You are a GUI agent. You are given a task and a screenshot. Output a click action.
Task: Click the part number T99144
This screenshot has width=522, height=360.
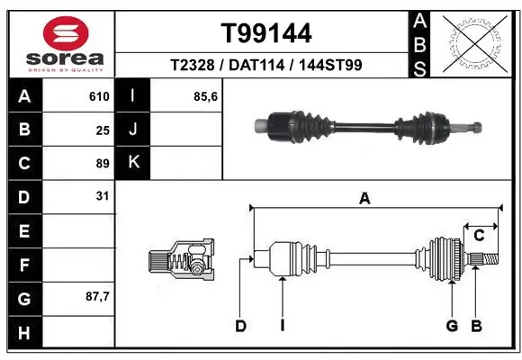coord(266,33)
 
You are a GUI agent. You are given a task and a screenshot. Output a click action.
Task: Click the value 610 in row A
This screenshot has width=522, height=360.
coord(98,96)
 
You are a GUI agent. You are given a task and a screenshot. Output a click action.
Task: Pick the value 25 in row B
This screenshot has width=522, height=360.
coord(102,130)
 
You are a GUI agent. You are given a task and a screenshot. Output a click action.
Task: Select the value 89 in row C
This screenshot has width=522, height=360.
coord(102,163)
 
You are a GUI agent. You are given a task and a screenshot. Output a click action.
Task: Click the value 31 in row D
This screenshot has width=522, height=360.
coord(102,195)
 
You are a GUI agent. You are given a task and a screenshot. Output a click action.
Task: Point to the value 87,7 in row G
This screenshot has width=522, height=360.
coord(96,296)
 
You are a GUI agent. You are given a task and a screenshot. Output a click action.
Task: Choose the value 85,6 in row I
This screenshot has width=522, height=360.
coord(206,96)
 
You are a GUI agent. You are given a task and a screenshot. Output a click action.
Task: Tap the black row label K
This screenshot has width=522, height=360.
coord(133,163)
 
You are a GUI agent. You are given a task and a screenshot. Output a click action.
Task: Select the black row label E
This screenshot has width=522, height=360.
coord(23,230)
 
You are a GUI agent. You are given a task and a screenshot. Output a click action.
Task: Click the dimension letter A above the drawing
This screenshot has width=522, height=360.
coord(364,199)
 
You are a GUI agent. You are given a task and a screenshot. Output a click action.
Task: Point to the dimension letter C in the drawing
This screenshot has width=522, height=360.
coord(480,235)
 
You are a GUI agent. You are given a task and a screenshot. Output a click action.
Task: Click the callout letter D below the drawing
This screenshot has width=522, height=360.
coord(240,326)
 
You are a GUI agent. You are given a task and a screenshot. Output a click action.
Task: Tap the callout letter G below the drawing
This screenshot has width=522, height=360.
coord(452,326)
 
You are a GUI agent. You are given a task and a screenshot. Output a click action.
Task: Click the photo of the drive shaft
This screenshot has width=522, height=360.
coord(369,123)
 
